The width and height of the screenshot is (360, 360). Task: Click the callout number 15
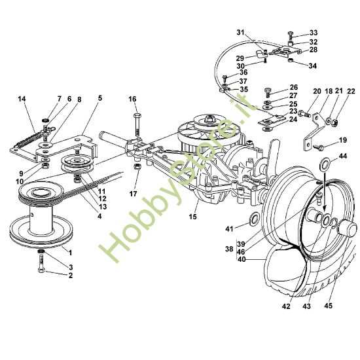(193, 217)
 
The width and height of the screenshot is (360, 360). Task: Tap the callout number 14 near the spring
(22, 99)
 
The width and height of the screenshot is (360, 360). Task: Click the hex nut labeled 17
(137, 167)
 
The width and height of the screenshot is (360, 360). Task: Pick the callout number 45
(329, 306)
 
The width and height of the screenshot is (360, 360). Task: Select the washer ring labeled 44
(325, 163)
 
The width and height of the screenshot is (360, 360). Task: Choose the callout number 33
(314, 33)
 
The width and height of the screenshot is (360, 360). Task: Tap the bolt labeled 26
(268, 92)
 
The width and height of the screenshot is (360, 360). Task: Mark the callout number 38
(229, 249)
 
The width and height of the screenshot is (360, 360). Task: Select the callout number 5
(100, 98)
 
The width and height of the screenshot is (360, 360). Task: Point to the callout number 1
(70, 253)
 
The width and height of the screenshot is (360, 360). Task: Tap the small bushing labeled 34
(291, 60)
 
